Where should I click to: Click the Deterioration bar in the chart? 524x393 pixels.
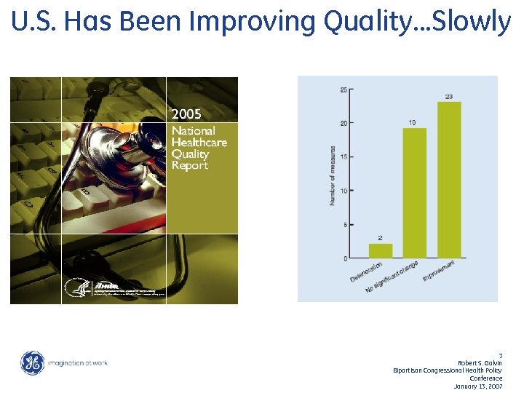point(381,251)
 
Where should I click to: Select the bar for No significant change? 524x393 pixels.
point(414,193)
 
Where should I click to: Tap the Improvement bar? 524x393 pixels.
point(449,180)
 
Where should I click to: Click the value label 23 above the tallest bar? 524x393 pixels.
point(449,96)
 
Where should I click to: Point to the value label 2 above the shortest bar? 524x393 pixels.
point(381,238)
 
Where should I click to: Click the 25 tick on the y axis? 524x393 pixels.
point(343,90)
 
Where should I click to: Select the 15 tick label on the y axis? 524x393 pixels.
point(343,157)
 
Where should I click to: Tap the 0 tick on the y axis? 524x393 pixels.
point(345,258)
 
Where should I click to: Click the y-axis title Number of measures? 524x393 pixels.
point(333,175)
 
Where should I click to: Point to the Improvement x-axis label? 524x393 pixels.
point(441,272)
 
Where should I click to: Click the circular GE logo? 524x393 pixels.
point(32,363)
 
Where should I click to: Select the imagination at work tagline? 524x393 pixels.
point(78,363)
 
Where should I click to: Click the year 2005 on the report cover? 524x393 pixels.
point(186,114)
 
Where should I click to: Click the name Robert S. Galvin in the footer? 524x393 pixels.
point(480,362)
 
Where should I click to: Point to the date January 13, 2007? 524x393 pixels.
point(478,386)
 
